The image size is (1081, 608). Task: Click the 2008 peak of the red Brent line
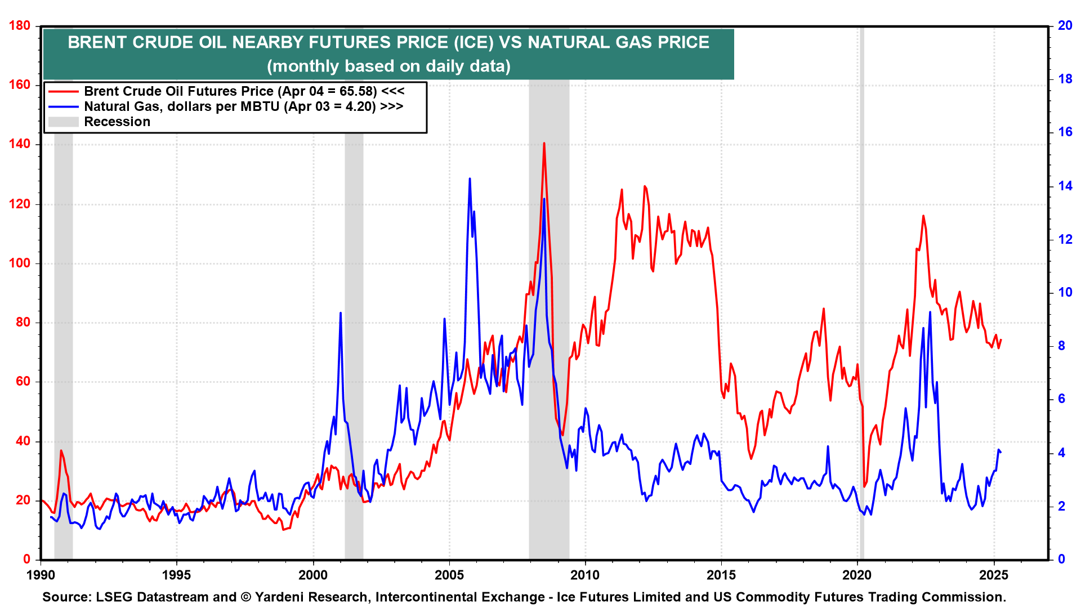click(544, 144)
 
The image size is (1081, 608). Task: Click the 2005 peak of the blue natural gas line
click(470, 179)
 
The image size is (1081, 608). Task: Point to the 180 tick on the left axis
click(20, 25)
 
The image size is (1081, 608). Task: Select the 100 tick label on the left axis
click(20, 263)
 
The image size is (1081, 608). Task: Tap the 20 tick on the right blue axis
click(1065, 25)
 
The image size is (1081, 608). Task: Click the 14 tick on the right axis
click(1065, 186)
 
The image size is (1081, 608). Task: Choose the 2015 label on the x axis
click(721, 575)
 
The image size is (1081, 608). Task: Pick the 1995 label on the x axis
click(176, 575)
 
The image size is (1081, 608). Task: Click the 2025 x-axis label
click(994, 575)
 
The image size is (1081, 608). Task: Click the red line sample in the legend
click(63, 91)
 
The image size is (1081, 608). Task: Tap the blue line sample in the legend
click(63, 106)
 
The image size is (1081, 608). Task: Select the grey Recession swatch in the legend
click(63, 122)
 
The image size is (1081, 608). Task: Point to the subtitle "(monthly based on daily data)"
click(388, 66)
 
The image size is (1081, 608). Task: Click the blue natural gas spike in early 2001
click(341, 313)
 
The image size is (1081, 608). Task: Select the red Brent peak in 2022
click(923, 216)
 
